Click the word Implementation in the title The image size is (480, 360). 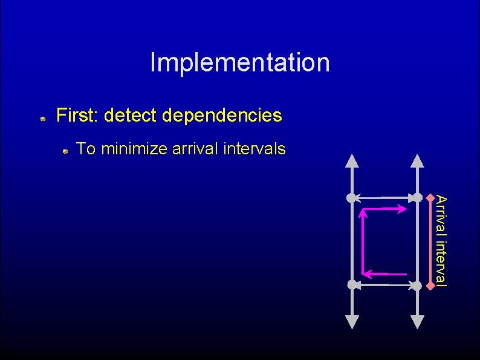pyautogui.click(x=240, y=62)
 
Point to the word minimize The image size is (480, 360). pyautogui.click(x=134, y=148)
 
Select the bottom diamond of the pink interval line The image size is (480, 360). pyautogui.click(x=430, y=284)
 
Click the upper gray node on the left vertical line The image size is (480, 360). pyautogui.click(x=351, y=197)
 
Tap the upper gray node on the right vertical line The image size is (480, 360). pyautogui.click(x=417, y=197)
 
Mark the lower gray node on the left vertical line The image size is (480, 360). pyautogui.click(x=351, y=284)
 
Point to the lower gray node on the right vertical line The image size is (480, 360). pyautogui.click(x=417, y=284)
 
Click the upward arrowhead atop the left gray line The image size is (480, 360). pyautogui.click(x=351, y=161)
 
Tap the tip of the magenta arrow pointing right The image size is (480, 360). pyautogui.click(x=406, y=209)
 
